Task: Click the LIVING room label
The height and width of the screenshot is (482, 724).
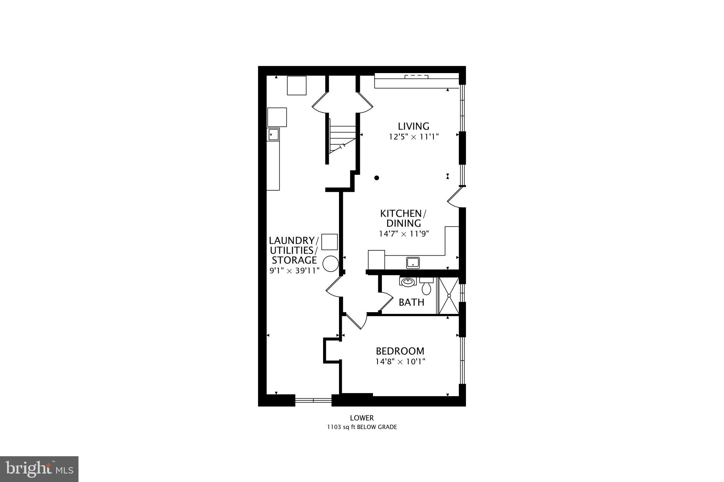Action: (x=413, y=126)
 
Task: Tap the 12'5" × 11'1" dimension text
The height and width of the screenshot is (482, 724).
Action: (x=414, y=137)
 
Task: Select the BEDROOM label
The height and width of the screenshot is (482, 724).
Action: (x=400, y=351)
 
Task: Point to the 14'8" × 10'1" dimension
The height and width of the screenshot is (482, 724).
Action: (x=400, y=362)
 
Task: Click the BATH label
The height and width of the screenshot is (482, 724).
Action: (x=411, y=302)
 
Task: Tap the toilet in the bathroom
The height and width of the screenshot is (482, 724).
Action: (x=426, y=286)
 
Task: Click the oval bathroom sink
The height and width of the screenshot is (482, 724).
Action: (x=408, y=282)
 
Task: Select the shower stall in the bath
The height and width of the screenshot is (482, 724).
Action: (x=449, y=296)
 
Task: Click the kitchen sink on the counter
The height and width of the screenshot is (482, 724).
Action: (x=413, y=262)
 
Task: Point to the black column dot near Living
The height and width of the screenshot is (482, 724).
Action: (x=377, y=178)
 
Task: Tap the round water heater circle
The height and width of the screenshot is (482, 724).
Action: (x=331, y=264)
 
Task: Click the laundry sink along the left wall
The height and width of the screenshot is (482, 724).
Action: (x=273, y=135)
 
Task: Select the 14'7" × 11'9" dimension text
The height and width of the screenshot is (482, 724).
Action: (x=404, y=233)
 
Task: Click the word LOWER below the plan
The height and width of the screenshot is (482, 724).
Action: (x=362, y=418)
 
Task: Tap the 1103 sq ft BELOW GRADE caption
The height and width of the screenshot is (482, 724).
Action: (x=362, y=427)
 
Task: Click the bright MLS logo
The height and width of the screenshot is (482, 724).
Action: (x=39, y=469)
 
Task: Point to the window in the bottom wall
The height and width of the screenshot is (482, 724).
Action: (x=313, y=400)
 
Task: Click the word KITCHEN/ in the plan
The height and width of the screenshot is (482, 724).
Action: (x=403, y=214)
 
